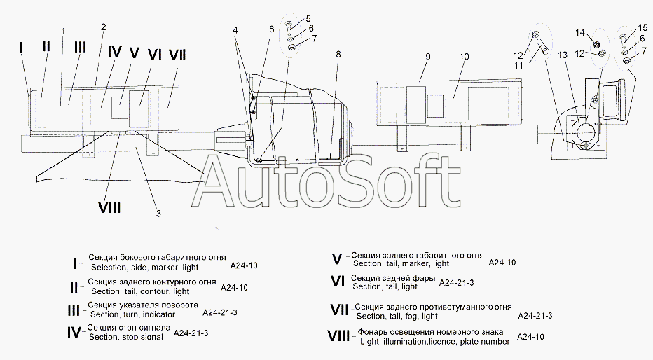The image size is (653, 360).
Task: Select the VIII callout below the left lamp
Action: tap(109, 207)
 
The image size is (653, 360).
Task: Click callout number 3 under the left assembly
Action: tap(158, 213)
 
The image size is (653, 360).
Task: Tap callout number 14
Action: tap(579, 32)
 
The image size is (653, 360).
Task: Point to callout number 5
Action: tap(308, 18)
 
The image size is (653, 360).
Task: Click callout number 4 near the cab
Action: tap(235, 30)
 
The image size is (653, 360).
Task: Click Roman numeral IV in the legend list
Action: tap(74, 333)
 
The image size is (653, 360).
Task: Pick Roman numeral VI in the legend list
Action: tap(338, 282)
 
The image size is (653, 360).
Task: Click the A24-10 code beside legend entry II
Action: tap(234, 287)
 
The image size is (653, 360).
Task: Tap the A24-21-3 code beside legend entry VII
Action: tap(535, 317)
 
